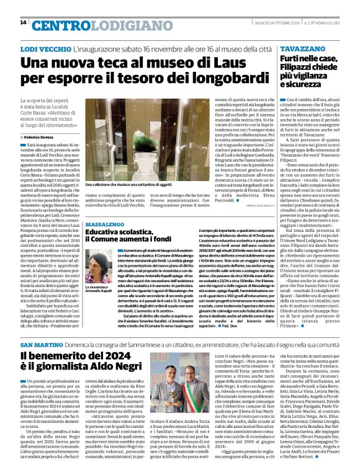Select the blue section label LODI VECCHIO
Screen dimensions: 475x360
coord(45,48)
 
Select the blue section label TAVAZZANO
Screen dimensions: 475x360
coord(302,48)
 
